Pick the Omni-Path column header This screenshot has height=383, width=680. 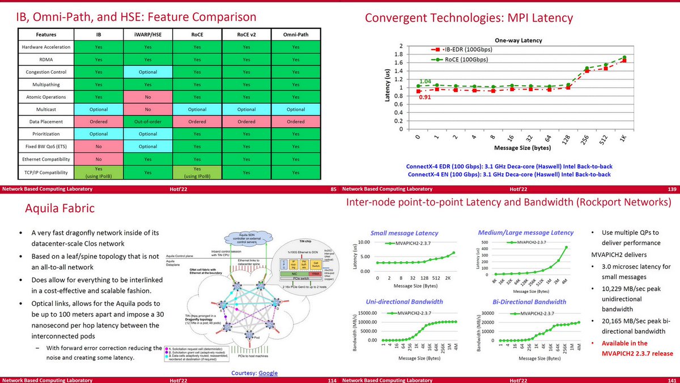(x=296, y=34)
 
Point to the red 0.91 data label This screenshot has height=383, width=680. (x=425, y=98)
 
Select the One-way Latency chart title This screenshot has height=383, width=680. (x=517, y=41)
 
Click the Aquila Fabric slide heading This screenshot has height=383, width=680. (x=59, y=209)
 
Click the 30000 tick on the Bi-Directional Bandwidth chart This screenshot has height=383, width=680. (x=486, y=313)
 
